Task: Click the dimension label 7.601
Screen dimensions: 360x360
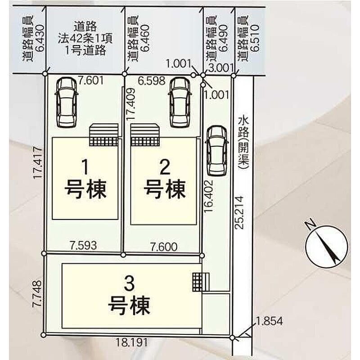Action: (91, 81)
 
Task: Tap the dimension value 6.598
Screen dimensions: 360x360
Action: (152, 81)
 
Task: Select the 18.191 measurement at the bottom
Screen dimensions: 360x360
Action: (131, 343)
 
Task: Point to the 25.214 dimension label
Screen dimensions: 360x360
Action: (239, 212)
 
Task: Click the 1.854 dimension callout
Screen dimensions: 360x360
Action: (269, 321)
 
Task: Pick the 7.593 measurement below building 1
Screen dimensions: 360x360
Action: (84, 245)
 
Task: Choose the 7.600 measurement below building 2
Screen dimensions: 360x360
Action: (164, 247)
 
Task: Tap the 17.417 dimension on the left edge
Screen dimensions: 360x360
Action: (38, 163)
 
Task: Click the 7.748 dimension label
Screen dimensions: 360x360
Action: (37, 293)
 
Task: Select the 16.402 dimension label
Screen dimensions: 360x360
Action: (209, 196)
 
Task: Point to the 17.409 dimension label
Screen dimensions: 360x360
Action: (130, 104)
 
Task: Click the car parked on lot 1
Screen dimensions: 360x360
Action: (66, 102)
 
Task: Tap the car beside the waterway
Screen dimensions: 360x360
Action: (216, 151)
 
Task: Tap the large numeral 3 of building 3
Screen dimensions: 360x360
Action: (129, 283)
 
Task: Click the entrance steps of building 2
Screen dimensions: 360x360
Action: (145, 135)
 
